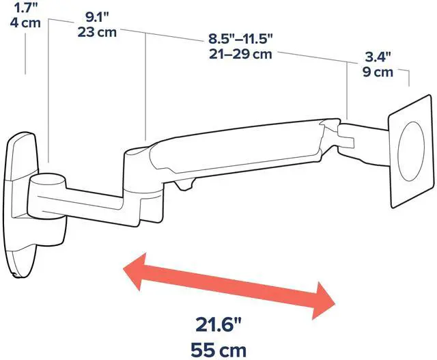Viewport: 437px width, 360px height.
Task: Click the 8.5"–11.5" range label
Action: click(240, 39)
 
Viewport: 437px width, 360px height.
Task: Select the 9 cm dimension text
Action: click(378, 72)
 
